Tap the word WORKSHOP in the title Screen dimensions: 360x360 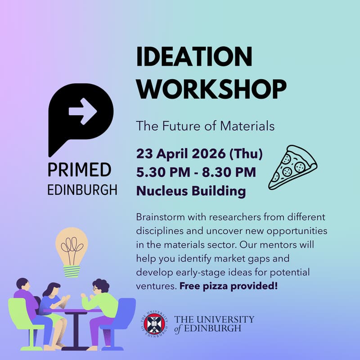[211, 89]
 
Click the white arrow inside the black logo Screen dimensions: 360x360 [83, 111]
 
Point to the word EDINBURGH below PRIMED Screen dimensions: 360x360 [82, 189]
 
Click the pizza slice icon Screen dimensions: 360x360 [292, 167]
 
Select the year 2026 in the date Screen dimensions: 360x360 [206, 154]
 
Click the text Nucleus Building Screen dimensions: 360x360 [191, 191]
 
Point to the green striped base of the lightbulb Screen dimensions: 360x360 [72, 271]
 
